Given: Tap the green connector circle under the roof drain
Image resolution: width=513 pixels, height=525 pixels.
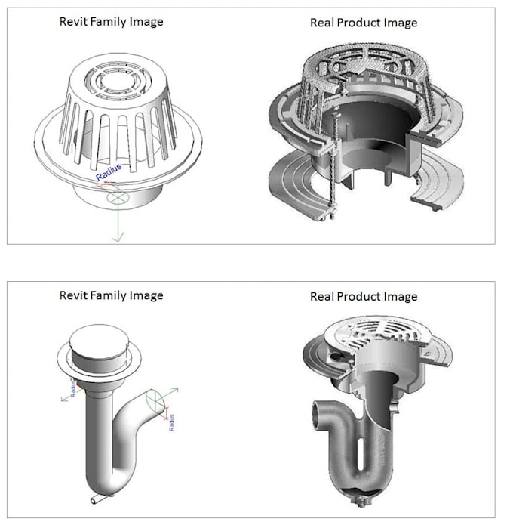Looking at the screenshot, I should click(x=117, y=198).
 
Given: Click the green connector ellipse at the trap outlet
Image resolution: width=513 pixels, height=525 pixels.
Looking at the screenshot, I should click(x=154, y=397).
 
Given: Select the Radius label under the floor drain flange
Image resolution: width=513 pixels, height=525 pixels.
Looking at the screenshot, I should click(x=73, y=387).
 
